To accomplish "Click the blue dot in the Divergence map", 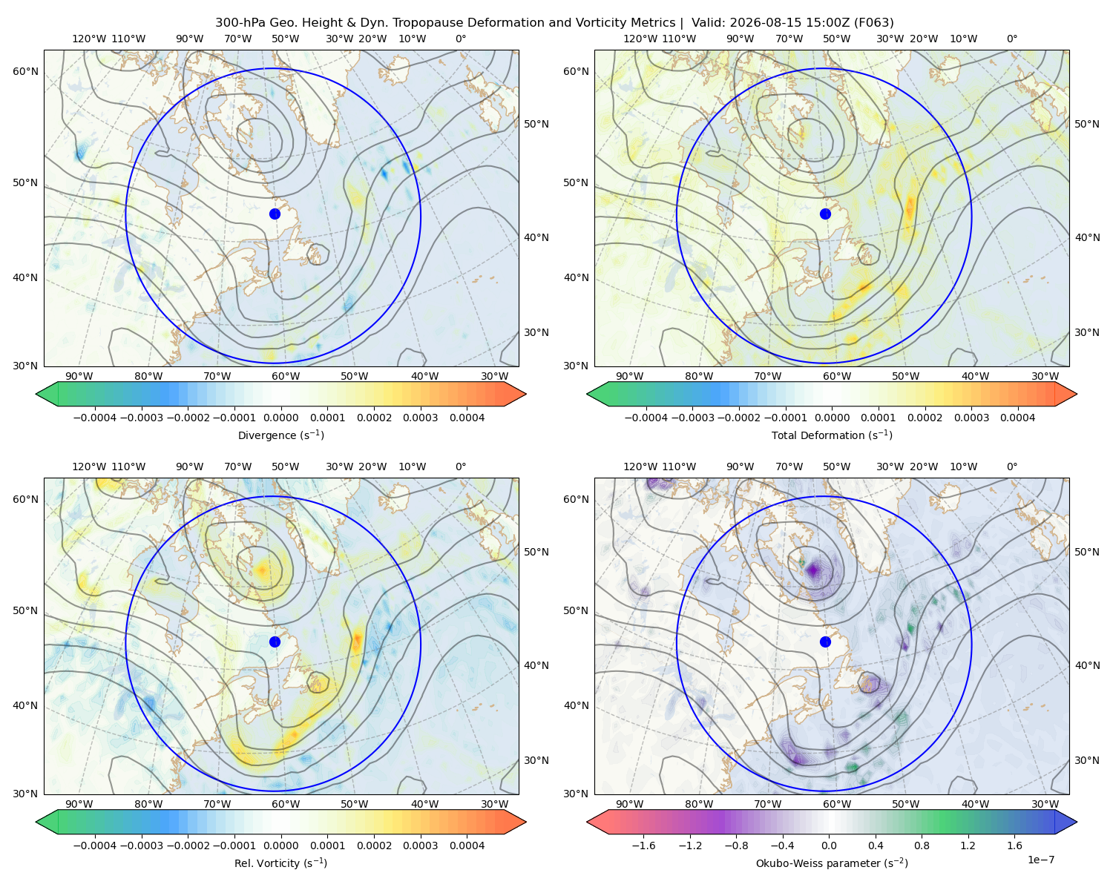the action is click(275, 214).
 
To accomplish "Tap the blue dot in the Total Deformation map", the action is click(825, 214).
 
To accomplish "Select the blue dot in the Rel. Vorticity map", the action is click(275, 642).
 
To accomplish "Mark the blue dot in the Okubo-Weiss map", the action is click(825, 642).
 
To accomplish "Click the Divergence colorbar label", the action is click(280, 435).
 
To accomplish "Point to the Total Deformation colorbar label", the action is click(832, 435).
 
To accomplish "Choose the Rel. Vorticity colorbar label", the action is click(280, 863).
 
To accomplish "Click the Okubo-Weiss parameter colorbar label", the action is click(832, 863).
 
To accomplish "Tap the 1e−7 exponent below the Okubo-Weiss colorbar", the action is click(1040, 860).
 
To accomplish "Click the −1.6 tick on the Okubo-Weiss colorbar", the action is click(643, 845).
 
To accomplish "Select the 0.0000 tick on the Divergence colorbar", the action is click(280, 418).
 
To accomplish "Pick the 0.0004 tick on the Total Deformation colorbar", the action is click(1017, 418).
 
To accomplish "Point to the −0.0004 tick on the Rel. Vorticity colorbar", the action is click(95, 845).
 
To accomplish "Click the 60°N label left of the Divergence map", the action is click(25, 71).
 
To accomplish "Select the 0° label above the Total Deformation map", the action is click(1011, 39).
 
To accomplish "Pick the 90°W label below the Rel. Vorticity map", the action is click(79, 804).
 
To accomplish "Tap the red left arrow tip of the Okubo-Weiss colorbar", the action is click(588, 822).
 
